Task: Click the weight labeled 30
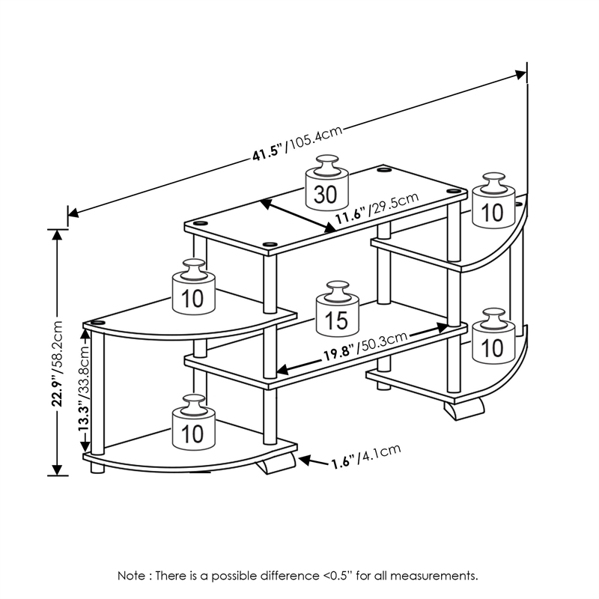coord(326,191)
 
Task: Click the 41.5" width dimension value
coord(266,153)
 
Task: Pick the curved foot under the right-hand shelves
coord(461,409)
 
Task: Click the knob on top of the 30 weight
coord(326,164)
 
